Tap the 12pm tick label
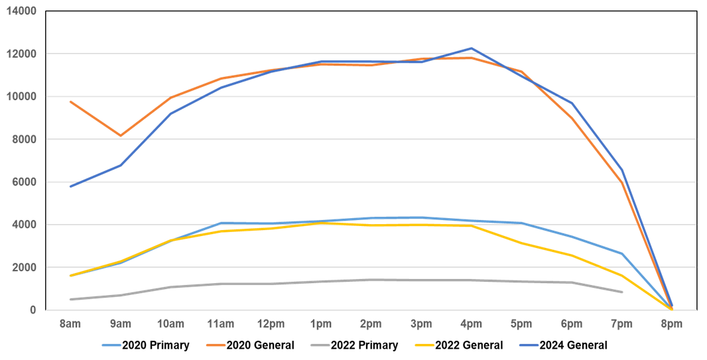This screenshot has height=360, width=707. [270, 324]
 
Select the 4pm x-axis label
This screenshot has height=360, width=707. [471, 324]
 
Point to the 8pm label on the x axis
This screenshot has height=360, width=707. [671, 324]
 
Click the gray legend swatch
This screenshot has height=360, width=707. [320, 345]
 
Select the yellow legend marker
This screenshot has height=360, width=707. [424, 345]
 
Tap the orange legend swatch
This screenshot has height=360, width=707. [216, 345]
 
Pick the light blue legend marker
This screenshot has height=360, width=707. [111, 345]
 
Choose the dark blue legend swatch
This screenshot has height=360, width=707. [529, 345]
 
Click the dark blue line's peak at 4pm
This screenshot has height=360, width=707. [471, 48]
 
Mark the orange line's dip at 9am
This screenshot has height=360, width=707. [120, 136]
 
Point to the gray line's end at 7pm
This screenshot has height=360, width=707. [621, 292]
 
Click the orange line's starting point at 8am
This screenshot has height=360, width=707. [70, 101]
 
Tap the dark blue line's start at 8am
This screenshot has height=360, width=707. [70, 186]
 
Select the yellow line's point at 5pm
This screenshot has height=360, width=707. [521, 243]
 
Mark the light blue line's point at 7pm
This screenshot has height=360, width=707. [621, 253]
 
